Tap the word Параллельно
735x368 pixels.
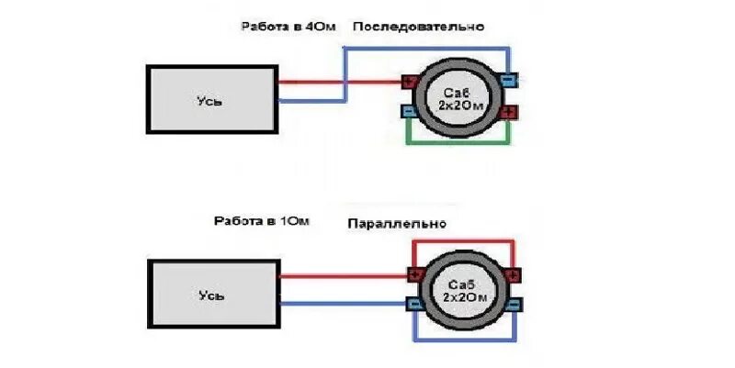pyautogui.click(x=397, y=224)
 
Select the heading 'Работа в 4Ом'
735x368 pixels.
pyautogui.click(x=282, y=28)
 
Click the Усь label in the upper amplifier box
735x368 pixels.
pyautogui.click(x=210, y=101)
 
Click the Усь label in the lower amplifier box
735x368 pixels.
pyautogui.click(x=212, y=296)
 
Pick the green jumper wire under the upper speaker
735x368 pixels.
pyautogui.click(x=459, y=143)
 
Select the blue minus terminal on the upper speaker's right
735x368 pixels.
pyautogui.click(x=511, y=82)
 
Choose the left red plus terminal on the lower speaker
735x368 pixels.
pyautogui.click(x=414, y=275)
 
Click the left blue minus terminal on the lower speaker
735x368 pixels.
pyautogui.click(x=414, y=304)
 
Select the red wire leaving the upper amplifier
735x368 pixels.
pyautogui.click(x=312, y=82)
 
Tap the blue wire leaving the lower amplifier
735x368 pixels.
pyautogui.click(x=340, y=304)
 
